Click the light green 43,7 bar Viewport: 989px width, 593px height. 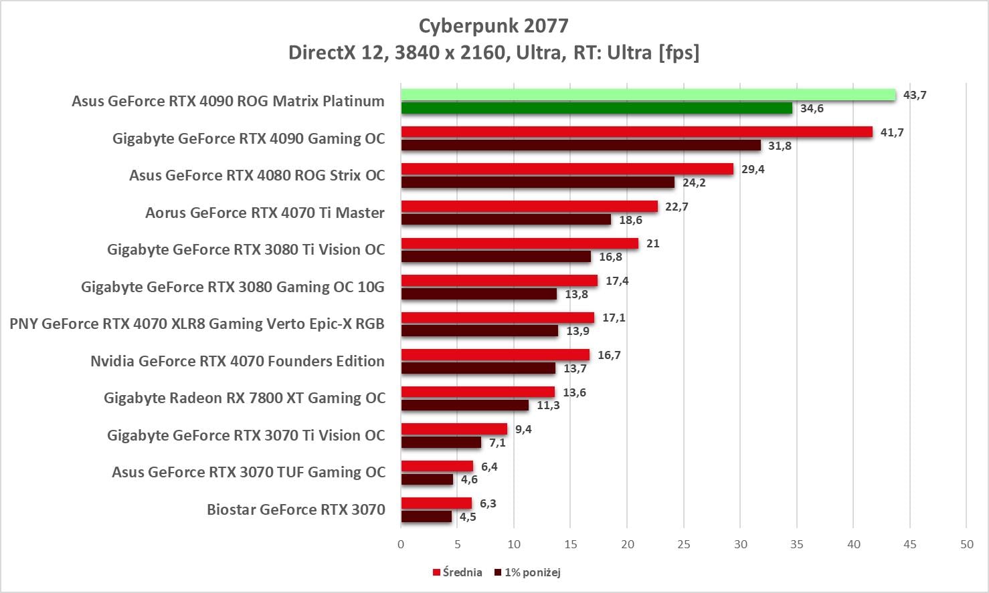648,95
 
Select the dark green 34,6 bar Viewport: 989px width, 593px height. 596,108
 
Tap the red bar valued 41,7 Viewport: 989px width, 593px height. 636,132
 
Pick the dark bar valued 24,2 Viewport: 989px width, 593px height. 537,183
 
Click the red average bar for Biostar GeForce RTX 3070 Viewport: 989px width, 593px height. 436,503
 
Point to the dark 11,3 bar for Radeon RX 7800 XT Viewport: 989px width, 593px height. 464,405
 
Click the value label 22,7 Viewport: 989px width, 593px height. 677,207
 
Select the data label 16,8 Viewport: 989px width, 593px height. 610,257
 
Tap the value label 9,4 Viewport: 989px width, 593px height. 523,429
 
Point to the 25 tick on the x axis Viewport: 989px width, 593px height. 683,544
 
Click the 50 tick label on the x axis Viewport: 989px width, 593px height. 966,544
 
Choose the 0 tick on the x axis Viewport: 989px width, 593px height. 401,544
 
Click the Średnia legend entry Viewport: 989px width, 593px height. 458,572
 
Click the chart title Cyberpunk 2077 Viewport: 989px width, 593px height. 494,25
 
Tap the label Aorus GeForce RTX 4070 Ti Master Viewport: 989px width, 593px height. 265,213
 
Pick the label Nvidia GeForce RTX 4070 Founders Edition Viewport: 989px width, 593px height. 238,361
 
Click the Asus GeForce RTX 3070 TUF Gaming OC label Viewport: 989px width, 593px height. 248,472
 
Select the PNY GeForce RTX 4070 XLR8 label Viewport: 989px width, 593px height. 197,324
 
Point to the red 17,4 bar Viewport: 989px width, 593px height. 499,281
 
